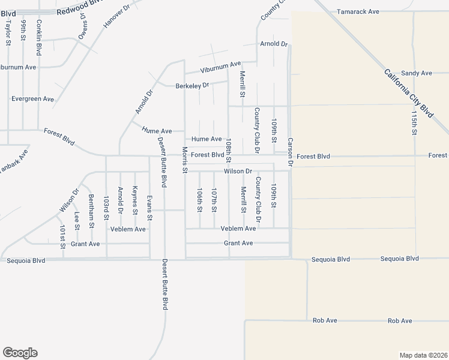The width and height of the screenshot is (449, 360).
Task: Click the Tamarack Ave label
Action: coord(358,11)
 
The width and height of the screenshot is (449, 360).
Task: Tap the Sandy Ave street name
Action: coord(417,73)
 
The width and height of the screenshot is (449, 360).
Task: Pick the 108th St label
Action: coord(229,151)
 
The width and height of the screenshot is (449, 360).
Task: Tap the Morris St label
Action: coord(185,160)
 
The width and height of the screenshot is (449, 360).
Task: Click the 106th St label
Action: coord(199,199)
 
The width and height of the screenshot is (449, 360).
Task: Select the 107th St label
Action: coord(214,199)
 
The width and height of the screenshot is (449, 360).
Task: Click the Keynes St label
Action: coord(135,200)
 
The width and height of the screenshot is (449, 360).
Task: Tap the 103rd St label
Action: coord(106,205)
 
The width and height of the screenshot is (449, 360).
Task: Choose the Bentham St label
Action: coord(91,208)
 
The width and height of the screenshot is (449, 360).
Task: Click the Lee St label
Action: coord(77,220)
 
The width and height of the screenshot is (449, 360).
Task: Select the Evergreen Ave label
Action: coord(32,99)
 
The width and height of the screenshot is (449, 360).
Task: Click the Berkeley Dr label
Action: coord(192,86)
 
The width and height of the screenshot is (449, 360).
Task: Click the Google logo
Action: coord(20,353)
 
